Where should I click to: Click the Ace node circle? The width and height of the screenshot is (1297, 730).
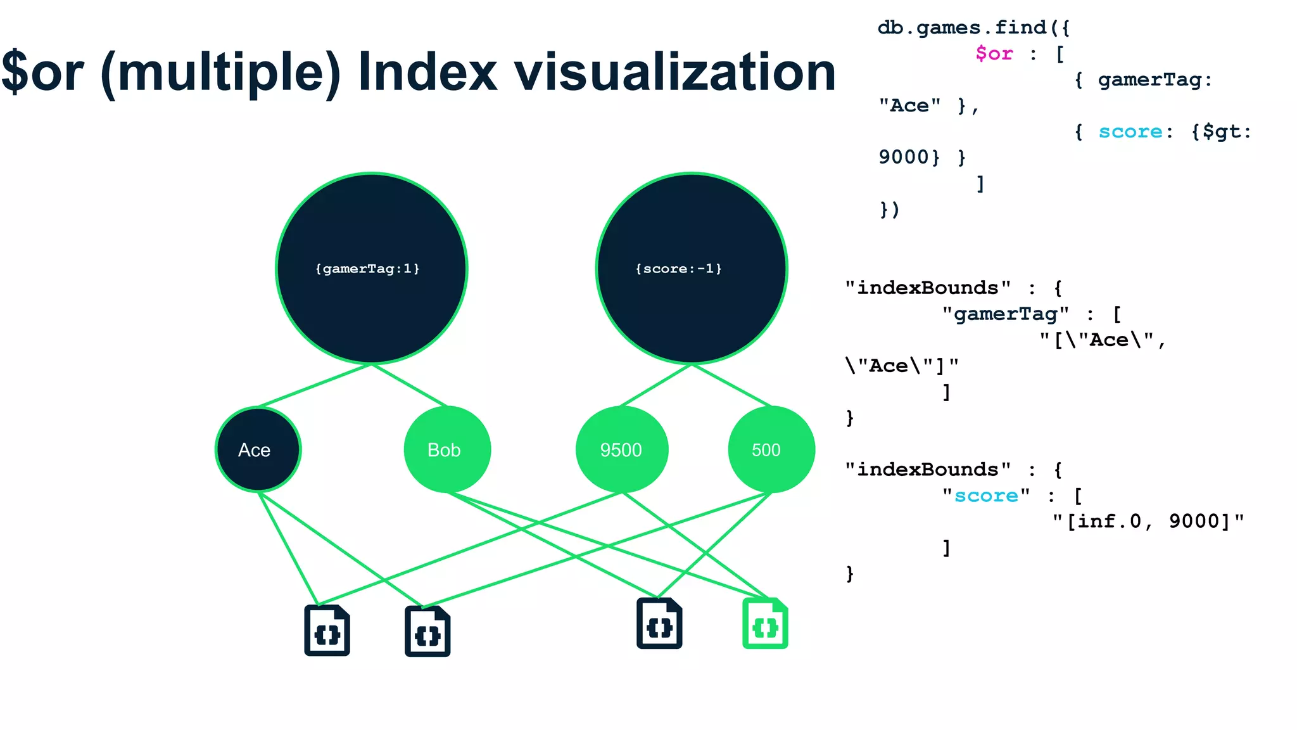click(258, 449)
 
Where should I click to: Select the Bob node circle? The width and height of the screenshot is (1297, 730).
click(446, 449)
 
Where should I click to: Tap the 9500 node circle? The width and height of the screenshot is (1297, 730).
click(621, 449)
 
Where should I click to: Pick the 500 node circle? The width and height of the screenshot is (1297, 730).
click(771, 449)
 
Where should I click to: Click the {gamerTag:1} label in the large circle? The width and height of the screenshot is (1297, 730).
click(367, 269)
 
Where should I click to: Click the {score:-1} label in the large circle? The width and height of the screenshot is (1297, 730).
click(678, 269)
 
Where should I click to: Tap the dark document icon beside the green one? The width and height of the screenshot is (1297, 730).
click(659, 624)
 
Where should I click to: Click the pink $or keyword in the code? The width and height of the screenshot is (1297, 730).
click(994, 54)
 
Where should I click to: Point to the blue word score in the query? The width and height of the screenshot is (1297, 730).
click(1130, 132)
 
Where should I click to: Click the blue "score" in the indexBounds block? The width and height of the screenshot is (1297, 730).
click(986, 496)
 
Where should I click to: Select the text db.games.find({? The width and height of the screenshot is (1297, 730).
click(973, 28)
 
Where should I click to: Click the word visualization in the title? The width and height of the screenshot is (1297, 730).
click(674, 72)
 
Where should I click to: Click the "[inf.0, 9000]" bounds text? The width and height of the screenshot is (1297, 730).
click(1148, 522)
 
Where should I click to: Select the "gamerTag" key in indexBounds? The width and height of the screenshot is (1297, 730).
click(1005, 314)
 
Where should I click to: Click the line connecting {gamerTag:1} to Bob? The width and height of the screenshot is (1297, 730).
click(410, 385)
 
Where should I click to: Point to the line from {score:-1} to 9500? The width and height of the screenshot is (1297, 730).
click(656, 385)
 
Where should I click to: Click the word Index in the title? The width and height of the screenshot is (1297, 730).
click(427, 72)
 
